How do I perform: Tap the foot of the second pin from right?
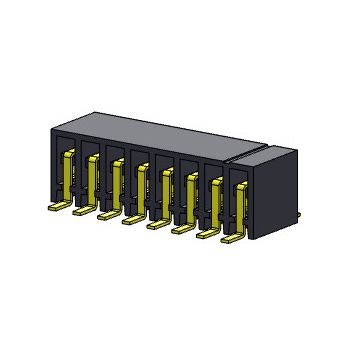coord(206,234)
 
